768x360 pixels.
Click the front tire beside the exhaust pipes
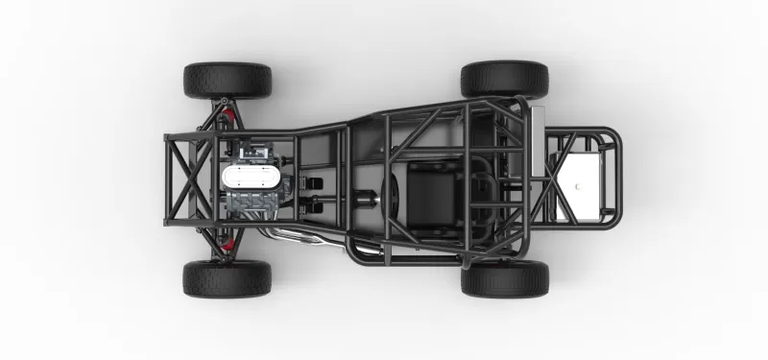pos(227,277)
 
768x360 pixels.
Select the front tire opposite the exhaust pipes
pos(227,81)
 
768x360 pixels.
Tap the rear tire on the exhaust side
pos(504,277)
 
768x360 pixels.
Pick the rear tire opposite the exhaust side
pos(504,79)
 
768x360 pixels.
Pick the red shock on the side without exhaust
pos(228,114)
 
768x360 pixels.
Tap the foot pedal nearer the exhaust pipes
pos(314,203)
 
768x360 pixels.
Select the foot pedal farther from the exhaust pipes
pos(314,182)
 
